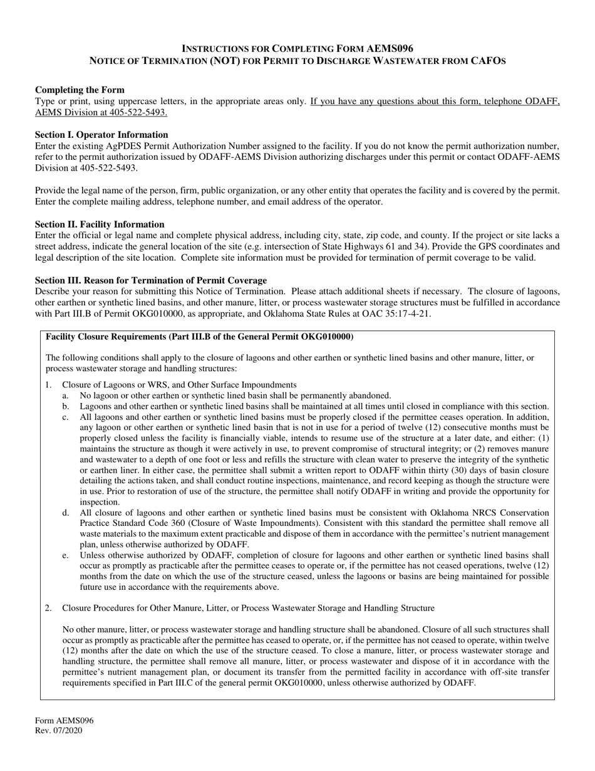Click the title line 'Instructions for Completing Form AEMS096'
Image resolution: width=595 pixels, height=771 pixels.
(297, 48)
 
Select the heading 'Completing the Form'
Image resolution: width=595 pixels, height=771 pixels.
(80, 90)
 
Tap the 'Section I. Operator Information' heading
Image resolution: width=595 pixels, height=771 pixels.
(101, 135)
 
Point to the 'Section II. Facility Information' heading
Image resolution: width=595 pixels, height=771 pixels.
(100, 224)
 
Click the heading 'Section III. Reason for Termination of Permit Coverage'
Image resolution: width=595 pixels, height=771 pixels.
(151, 280)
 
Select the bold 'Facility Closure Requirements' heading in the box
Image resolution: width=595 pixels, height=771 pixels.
(199, 337)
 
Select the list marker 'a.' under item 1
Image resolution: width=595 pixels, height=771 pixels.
(66, 396)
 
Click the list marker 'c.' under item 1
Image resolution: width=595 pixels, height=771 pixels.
(66, 417)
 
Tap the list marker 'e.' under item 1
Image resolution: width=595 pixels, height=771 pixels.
(66, 555)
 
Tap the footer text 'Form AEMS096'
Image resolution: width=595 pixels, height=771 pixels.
(64, 721)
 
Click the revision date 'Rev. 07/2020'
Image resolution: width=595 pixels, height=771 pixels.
(58, 730)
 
